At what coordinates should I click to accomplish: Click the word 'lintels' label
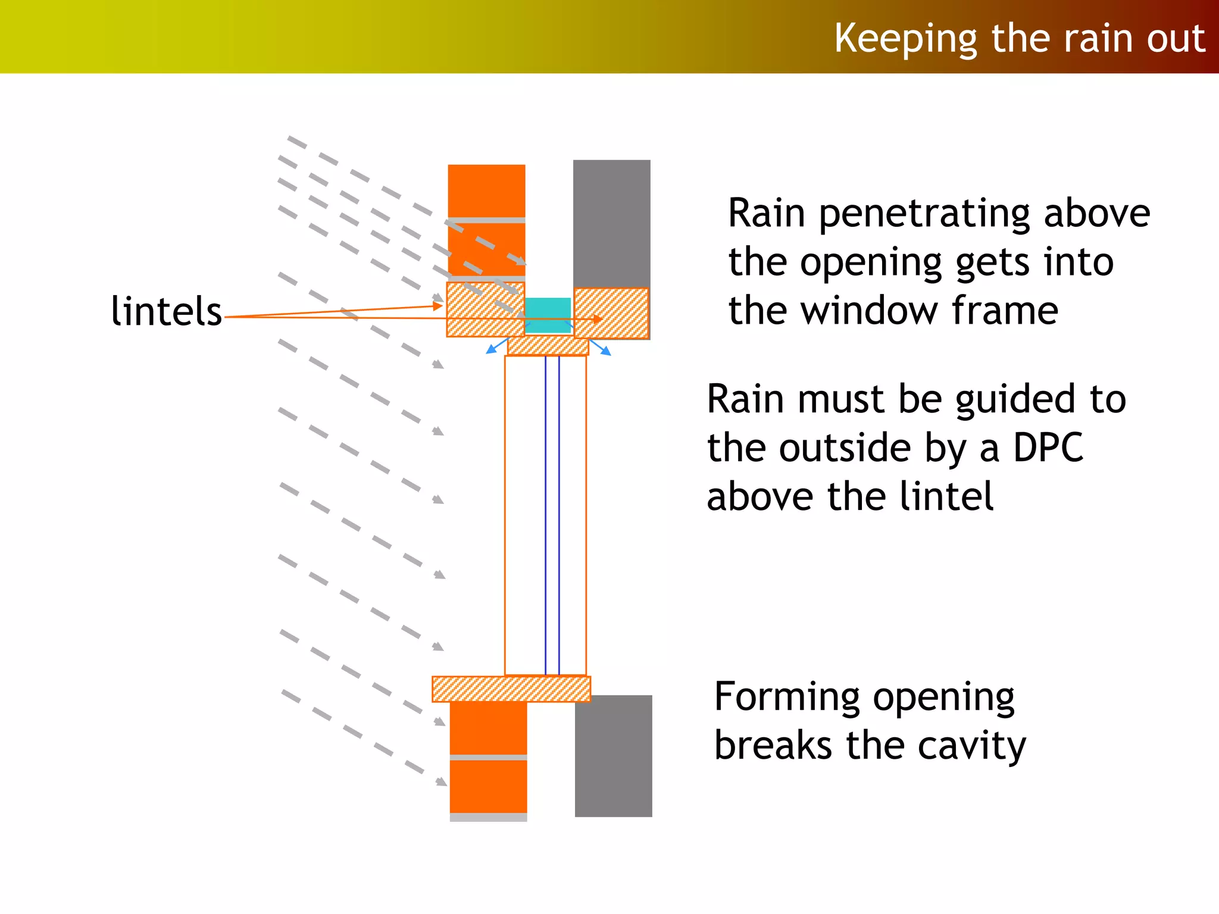166,312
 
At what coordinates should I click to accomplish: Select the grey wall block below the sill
613,756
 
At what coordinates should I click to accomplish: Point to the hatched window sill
511,689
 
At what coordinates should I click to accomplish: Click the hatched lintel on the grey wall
611,313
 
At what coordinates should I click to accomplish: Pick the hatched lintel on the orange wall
485,309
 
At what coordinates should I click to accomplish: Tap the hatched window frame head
548,346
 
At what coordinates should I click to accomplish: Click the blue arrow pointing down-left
492,349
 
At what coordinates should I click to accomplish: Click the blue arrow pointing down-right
605,350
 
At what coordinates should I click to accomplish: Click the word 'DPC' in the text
1048,447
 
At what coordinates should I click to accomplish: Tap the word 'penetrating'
926,214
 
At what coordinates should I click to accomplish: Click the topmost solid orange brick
486,190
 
